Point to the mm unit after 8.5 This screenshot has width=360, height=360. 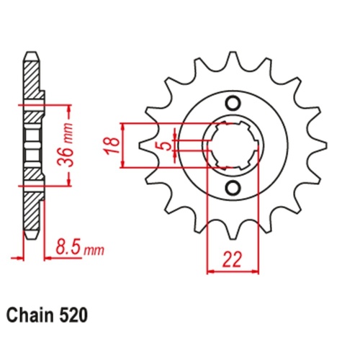(x=94, y=251)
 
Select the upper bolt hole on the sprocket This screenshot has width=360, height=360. (x=233, y=101)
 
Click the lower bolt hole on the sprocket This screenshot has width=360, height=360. (x=233, y=189)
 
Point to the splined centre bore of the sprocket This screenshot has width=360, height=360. (x=233, y=145)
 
